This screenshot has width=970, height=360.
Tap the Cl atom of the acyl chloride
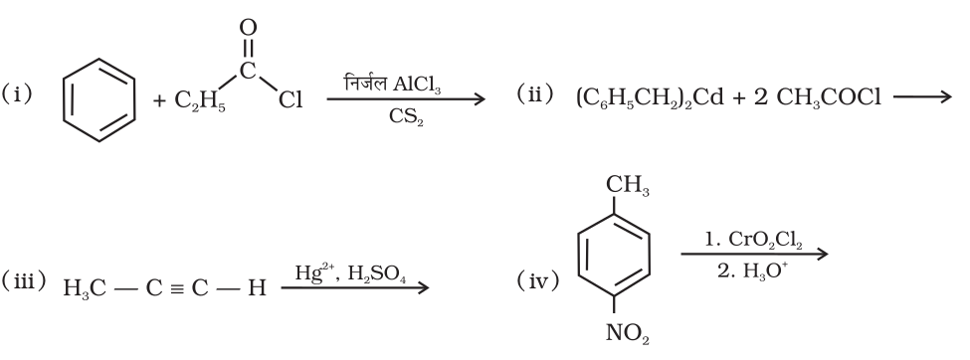coord(289,100)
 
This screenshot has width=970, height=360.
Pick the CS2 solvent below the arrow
coord(402,118)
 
